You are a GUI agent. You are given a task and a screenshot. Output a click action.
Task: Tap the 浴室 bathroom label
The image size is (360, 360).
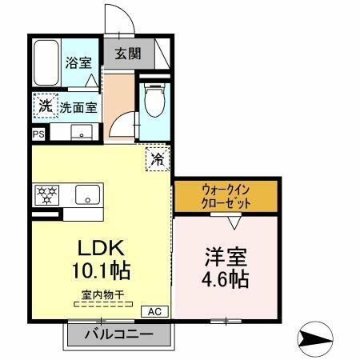[x=77, y=62]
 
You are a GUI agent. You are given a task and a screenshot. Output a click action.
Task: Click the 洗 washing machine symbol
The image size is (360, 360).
[x=45, y=106]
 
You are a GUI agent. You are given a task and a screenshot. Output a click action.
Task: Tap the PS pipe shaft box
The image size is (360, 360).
[x=38, y=134]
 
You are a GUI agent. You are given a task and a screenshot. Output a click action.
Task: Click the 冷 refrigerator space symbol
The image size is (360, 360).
[x=158, y=158]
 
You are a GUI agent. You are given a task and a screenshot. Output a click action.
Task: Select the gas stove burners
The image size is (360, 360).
[x=46, y=194]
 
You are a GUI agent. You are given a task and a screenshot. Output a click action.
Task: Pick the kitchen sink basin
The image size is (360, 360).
[x=86, y=194]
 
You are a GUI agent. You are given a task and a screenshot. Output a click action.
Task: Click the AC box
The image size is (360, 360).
[x=154, y=311]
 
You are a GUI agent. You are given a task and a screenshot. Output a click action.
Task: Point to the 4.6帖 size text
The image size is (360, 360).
[x=225, y=281]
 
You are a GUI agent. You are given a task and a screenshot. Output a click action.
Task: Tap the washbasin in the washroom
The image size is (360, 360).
[x=82, y=132]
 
